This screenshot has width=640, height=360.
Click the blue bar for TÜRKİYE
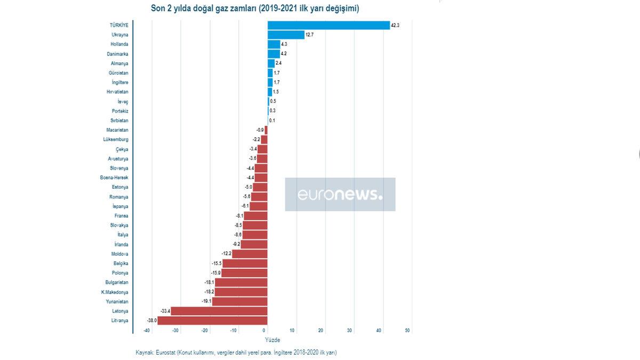329,25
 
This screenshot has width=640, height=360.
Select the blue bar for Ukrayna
286,35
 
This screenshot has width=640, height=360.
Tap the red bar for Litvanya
212,321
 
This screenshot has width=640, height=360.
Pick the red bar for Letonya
219,311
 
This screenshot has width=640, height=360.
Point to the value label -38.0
151,321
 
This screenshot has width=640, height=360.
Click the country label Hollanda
119,44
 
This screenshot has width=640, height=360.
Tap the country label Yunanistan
116,301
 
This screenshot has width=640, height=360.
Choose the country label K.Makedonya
115,292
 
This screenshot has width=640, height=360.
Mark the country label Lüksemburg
116,140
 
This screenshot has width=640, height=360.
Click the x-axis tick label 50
407,331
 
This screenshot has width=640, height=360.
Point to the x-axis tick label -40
147,331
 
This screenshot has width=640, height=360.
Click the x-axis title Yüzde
272,340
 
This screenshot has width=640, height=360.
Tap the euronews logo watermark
340,195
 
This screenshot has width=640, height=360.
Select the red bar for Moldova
250,254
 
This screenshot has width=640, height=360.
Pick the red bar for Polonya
244,273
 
